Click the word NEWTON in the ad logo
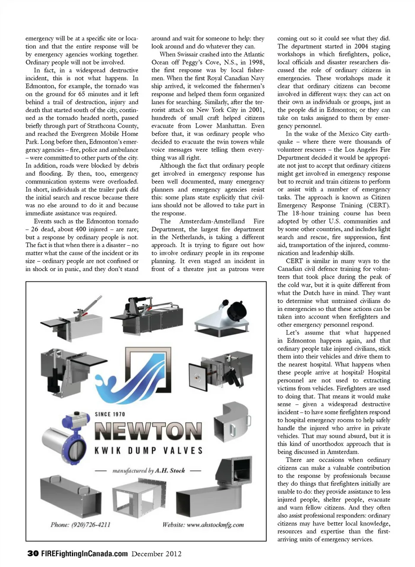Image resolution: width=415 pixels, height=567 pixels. (148, 431)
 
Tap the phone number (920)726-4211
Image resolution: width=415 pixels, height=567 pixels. (80, 525)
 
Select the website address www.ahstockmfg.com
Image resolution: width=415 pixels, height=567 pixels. (203, 525)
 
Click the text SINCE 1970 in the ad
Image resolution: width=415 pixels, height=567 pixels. (110, 414)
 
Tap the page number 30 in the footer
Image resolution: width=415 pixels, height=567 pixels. (33, 554)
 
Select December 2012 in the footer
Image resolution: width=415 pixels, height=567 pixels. (156, 554)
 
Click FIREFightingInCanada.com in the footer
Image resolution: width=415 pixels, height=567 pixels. (84, 554)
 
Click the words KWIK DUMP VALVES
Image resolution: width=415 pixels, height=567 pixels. (148, 450)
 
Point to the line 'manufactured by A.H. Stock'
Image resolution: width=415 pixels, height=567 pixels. (148, 470)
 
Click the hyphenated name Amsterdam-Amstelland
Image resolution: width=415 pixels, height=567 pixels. (212, 221)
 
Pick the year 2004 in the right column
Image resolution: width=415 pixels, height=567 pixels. (361, 46)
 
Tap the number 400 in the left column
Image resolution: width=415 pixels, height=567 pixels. (81, 229)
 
